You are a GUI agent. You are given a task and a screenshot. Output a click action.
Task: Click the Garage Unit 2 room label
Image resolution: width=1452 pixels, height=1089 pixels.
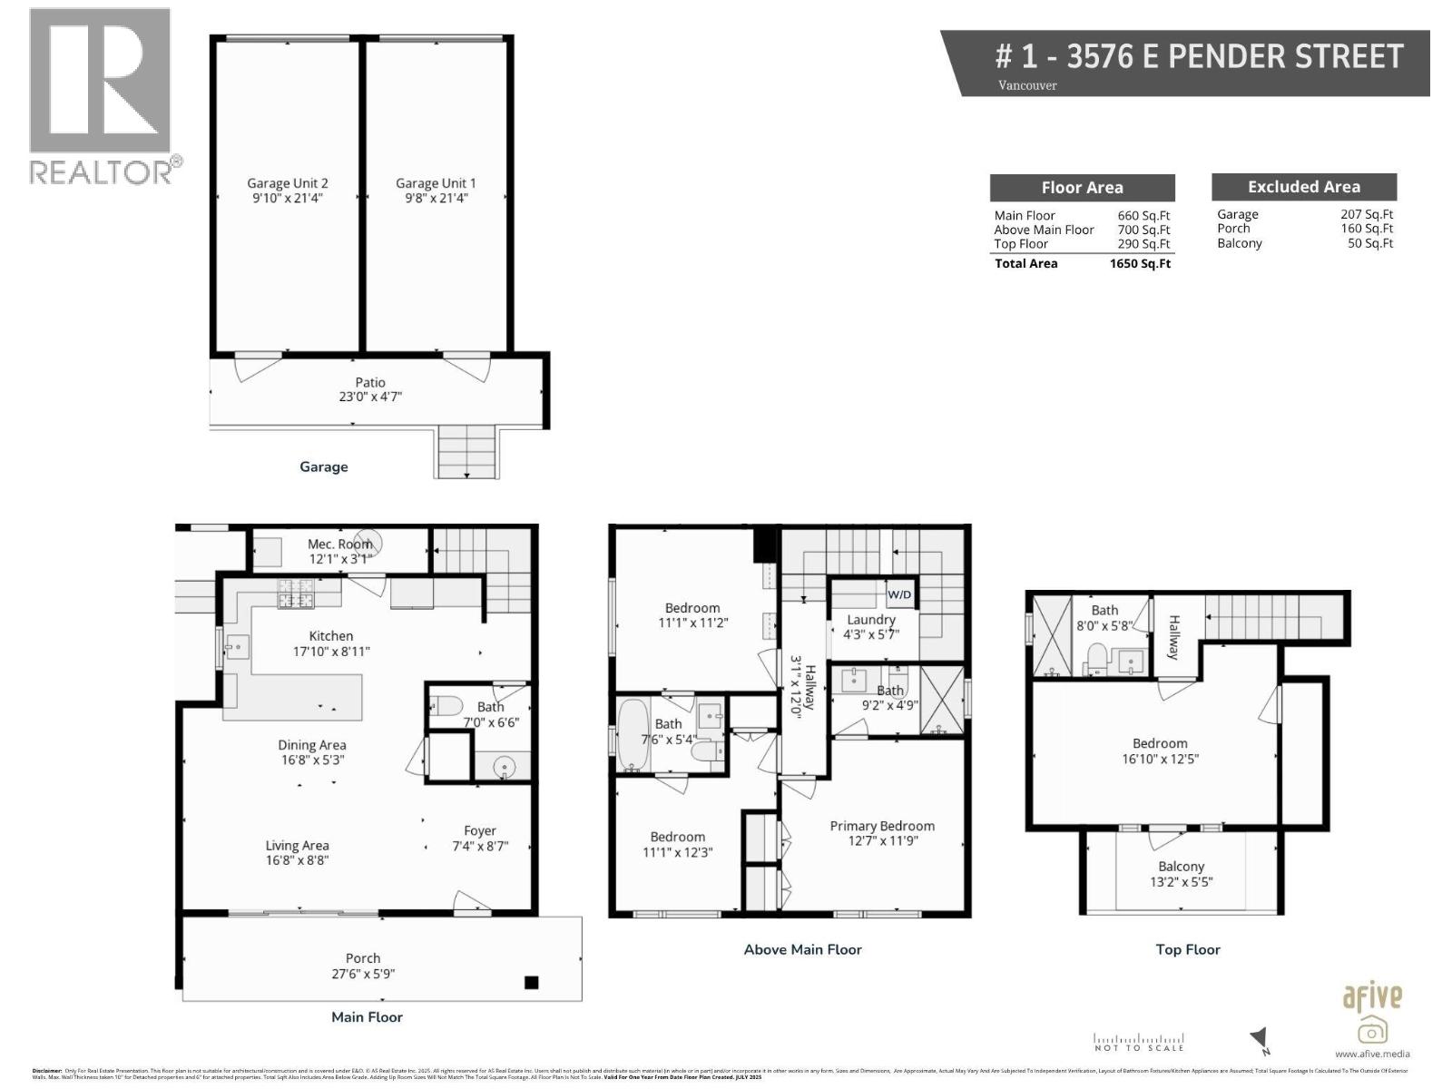coord(287,183)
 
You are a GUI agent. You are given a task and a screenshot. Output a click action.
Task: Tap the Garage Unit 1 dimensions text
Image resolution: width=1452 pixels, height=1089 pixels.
coord(435,198)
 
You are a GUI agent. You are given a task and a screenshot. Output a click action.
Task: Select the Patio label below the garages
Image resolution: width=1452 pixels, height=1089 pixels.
coord(370,383)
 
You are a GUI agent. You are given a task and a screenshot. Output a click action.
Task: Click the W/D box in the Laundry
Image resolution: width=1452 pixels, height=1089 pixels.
coord(899,595)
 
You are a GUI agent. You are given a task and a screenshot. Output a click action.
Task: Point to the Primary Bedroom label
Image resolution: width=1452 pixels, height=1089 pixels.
coord(882,826)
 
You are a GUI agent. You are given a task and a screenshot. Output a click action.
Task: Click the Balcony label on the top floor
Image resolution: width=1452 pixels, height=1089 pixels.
coord(1181,867)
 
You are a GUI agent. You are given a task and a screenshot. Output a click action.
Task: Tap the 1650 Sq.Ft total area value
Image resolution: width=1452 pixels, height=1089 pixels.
coord(1140,264)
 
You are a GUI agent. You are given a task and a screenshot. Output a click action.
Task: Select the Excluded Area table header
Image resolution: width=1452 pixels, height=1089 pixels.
coord(1303,187)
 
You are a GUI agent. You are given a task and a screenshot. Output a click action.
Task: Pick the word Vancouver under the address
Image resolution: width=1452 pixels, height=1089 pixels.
coord(1027,85)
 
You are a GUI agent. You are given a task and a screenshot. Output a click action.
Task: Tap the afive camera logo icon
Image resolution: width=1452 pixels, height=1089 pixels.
coord(1372,1030)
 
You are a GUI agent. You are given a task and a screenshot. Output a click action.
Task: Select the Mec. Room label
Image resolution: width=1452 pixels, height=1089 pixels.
coord(339,544)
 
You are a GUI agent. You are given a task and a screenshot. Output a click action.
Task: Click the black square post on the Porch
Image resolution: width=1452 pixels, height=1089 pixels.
coord(532,982)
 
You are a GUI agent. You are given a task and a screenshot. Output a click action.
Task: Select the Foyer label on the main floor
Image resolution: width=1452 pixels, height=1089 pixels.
coord(480,830)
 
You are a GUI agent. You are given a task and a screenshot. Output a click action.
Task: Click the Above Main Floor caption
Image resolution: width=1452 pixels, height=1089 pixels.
coord(802,949)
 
